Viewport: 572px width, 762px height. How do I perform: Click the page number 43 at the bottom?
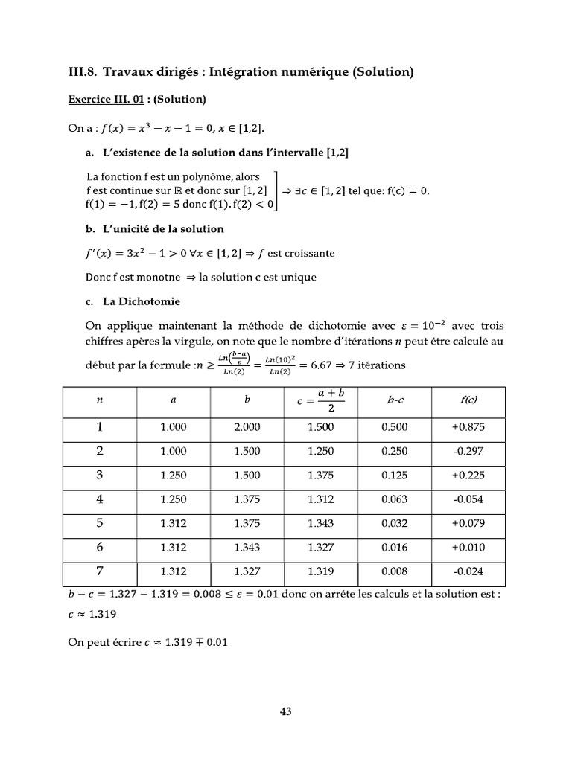click(x=285, y=711)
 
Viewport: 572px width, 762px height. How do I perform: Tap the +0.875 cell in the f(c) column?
click(x=468, y=427)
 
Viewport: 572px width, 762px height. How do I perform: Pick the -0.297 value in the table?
click(x=468, y=452)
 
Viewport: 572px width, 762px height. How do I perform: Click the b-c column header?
click(x=395, y=400)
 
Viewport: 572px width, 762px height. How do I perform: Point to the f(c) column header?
click(x=468, y=400)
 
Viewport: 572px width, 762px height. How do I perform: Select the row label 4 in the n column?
click(x=99, y=500)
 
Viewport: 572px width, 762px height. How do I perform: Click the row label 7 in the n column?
click(x=99, y=571)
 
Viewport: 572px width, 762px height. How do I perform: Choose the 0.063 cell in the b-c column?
click(x=395, y=500)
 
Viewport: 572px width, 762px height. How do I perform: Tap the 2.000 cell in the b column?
click(x=247, y=427)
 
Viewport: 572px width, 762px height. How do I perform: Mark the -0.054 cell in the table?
click(x=468, y=500)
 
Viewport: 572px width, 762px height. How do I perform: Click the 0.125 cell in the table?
click(x=395, y=476)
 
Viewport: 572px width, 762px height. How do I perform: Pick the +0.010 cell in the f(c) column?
click(x=468, y=548)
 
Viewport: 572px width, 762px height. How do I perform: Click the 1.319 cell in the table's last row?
click(x=321, y=571)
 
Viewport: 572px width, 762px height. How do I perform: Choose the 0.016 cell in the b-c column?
click(x=395, y=548)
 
